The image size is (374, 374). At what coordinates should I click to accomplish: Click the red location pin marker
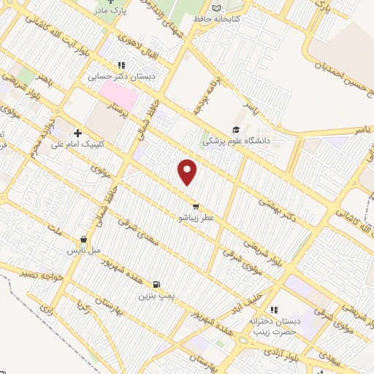[188, 171]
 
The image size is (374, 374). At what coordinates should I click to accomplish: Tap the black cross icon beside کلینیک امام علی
[77, 134]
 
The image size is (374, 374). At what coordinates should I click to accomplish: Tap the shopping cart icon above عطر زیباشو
[195, 206]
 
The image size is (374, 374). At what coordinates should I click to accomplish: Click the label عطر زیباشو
[194, 217]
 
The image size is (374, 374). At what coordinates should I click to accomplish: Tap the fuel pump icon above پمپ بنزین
[156, 285]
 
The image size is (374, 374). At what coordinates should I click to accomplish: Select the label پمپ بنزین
[156, 297]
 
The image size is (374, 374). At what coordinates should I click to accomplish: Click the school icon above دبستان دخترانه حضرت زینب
[274, 310]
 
